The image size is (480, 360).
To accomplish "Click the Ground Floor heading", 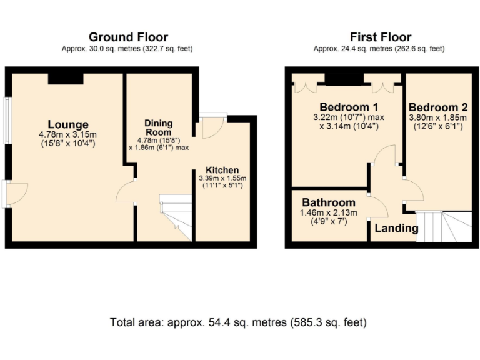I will click(x=128, y=37).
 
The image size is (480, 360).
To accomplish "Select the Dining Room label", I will click(x=159, y=127).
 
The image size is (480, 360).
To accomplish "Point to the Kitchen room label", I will click(x=222, y=170).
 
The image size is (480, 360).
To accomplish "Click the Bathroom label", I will click(x=329, y=202).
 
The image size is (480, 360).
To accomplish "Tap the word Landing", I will click(x=396, y=228).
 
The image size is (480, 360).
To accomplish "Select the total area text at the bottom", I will click(x=238, y=322).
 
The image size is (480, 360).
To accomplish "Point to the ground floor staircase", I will click(x=175, y=216).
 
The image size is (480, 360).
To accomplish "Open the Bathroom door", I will click(x=376, y=204).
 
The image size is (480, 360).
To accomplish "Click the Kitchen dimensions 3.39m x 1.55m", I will click(x=222, y=178).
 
